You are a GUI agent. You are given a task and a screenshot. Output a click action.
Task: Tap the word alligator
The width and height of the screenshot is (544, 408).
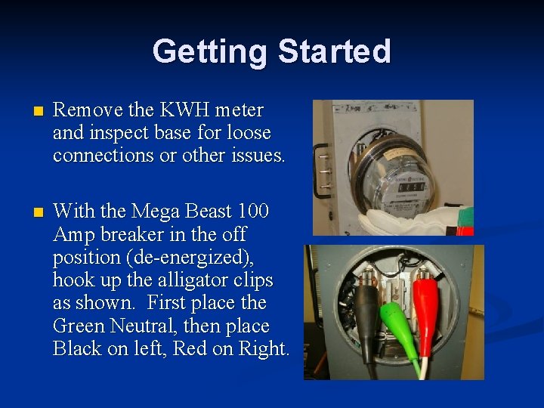pyautogui.click(x=197, y=280)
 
